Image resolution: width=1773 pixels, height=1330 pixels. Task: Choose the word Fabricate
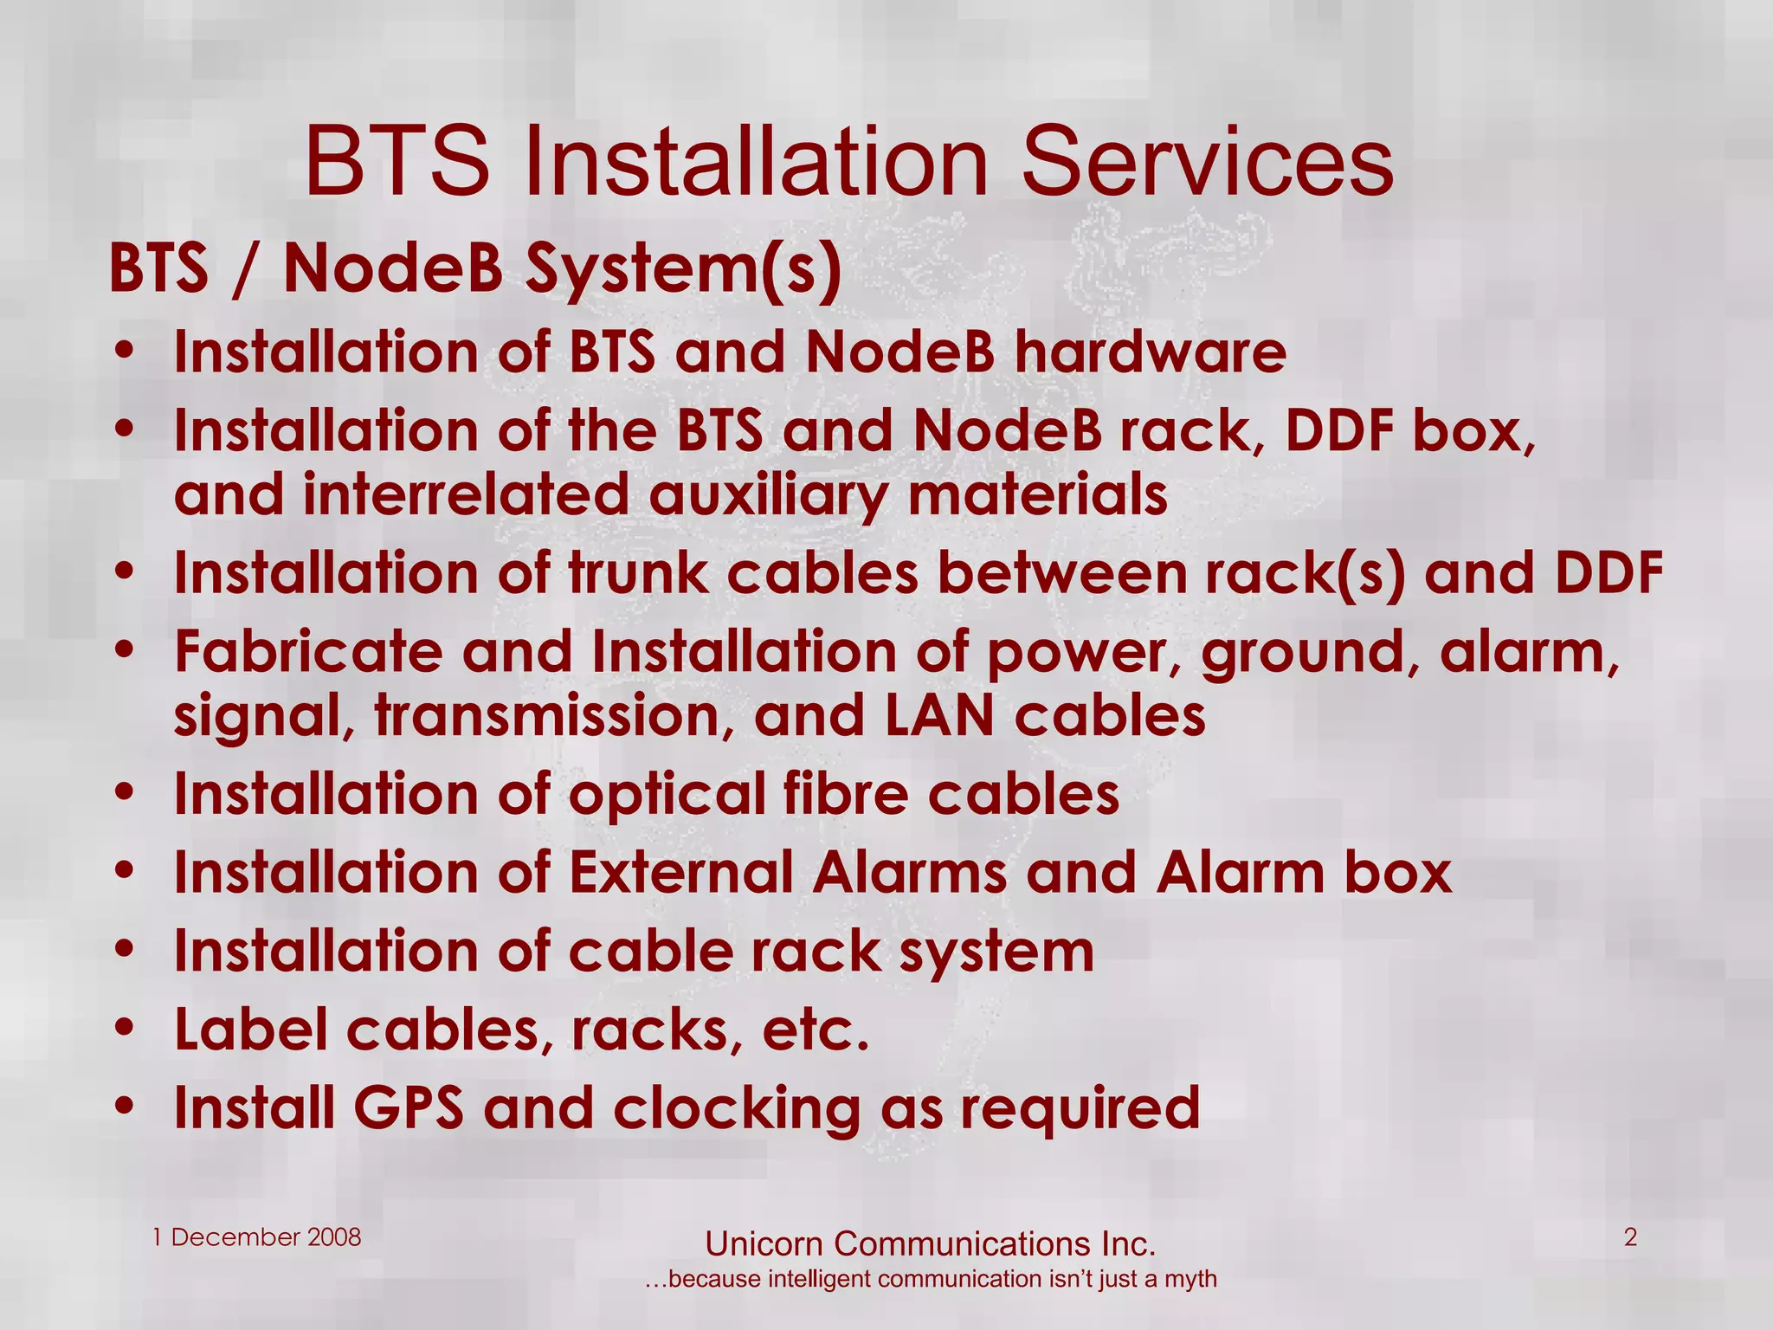click(x=307, y=652)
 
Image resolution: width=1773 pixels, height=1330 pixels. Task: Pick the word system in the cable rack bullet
click(x=996, y=952)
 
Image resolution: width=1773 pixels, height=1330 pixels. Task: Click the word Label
click(x=251, y=1030)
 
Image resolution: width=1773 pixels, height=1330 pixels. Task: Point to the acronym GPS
click(x=408, y=1108)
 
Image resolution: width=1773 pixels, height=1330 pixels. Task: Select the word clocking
click(x=736, y=1110)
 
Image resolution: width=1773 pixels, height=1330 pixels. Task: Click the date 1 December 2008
click(x=256, y=1237)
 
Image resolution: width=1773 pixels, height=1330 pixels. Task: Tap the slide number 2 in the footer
click(x=1630, y=1237)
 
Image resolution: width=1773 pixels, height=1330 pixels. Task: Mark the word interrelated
click(x=465, y=496)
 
